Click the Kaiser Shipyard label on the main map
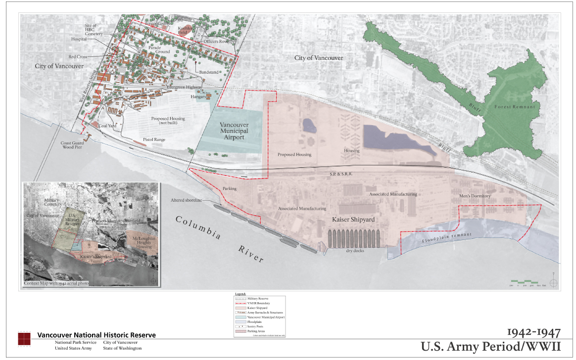point(353,219)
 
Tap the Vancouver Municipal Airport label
point(234,131)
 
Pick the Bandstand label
point(209,72)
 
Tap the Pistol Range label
point(154,140)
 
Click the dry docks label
point(356,251)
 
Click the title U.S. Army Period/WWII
point(490,346)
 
